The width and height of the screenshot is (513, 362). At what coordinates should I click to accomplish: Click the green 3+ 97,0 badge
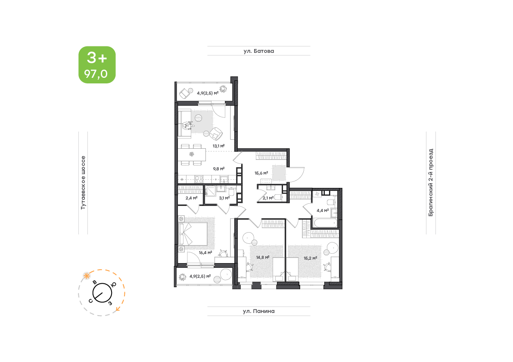[x=97, y=64]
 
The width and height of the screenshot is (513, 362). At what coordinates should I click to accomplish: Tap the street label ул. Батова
[x=258, y=51]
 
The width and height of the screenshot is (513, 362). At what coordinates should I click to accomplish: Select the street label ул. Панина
[x=258, y=311]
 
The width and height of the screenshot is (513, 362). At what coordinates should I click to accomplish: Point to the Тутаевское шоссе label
[x=83, y=182]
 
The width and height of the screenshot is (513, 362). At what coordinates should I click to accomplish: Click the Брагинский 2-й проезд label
[x=431, y=182]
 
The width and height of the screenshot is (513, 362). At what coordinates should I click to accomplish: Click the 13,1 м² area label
[x=218, y=146]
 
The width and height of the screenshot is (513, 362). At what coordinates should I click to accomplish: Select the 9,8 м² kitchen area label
[x=218, y=169]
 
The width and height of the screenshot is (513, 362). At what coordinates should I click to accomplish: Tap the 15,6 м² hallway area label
[x=261, y=173]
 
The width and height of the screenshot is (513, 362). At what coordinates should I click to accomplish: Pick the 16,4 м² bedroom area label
[x=205, y=252]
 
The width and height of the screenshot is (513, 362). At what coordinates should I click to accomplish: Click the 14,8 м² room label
[x=263, y=257]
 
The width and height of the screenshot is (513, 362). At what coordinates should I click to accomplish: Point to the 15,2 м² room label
[x=310, y=258]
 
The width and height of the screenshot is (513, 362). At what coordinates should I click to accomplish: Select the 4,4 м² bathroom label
[x=323, y=211]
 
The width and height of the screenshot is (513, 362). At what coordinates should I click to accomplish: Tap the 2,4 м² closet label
[x=191, y=198]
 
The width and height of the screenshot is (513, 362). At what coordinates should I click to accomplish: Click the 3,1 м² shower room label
[x=224, y=198]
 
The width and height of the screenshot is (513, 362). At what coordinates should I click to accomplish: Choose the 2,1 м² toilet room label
[x=268, y=198]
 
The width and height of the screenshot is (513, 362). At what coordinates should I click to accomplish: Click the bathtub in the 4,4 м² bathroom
[x=325, y=223]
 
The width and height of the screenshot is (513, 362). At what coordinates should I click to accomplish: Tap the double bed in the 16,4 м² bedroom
[x=193, y=234]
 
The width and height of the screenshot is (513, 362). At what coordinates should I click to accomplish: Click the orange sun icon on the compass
[x=87, y=276]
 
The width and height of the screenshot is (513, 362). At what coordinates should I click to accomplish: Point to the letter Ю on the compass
[x=114, y=284]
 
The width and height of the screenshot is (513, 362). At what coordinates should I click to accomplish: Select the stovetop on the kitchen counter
[x=199, y=179]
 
